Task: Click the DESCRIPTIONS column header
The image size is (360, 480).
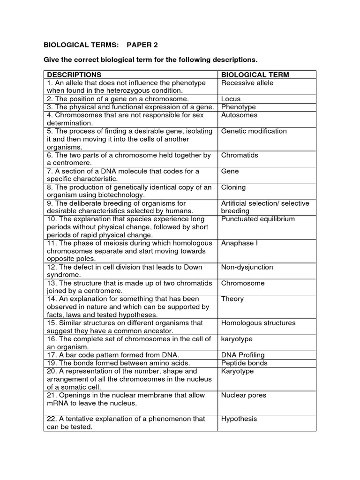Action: pyautogui.click(x=74, y=75)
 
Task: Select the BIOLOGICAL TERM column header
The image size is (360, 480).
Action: pyautogui.click(x=255, y=75)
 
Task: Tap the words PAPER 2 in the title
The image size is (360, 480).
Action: pyautogui.click(x=142, y=45)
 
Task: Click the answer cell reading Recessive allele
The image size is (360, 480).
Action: pyautogui.click(x=247, y=83)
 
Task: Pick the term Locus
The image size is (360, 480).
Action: pyautogui.click(x=231, y=99)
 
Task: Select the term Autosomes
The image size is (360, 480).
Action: pyautogui.click(x=239, y=115)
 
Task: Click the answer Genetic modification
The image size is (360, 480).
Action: pyautogui.click(x=254, y=131)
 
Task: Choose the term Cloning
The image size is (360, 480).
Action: pyautogui.click(x=233, y=187)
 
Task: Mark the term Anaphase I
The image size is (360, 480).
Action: pyautogui.click(x=240, y=243)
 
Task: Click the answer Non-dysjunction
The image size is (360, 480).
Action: pyautogui.click(x=247, y=267)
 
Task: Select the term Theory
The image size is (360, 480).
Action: pyautogui.click(x=232, y=299)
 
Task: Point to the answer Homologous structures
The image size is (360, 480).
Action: pyautogui.click(x=258, y=323)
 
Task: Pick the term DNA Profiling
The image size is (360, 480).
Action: pyautogui.click(x=243, y=355)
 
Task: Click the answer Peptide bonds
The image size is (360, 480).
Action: pyautogui.click(x=244, y=363)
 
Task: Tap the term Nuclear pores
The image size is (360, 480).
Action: pyautogui.click(x=243, y=395)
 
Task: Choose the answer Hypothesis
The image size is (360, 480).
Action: pyautogui.click(x=239, y=419)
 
